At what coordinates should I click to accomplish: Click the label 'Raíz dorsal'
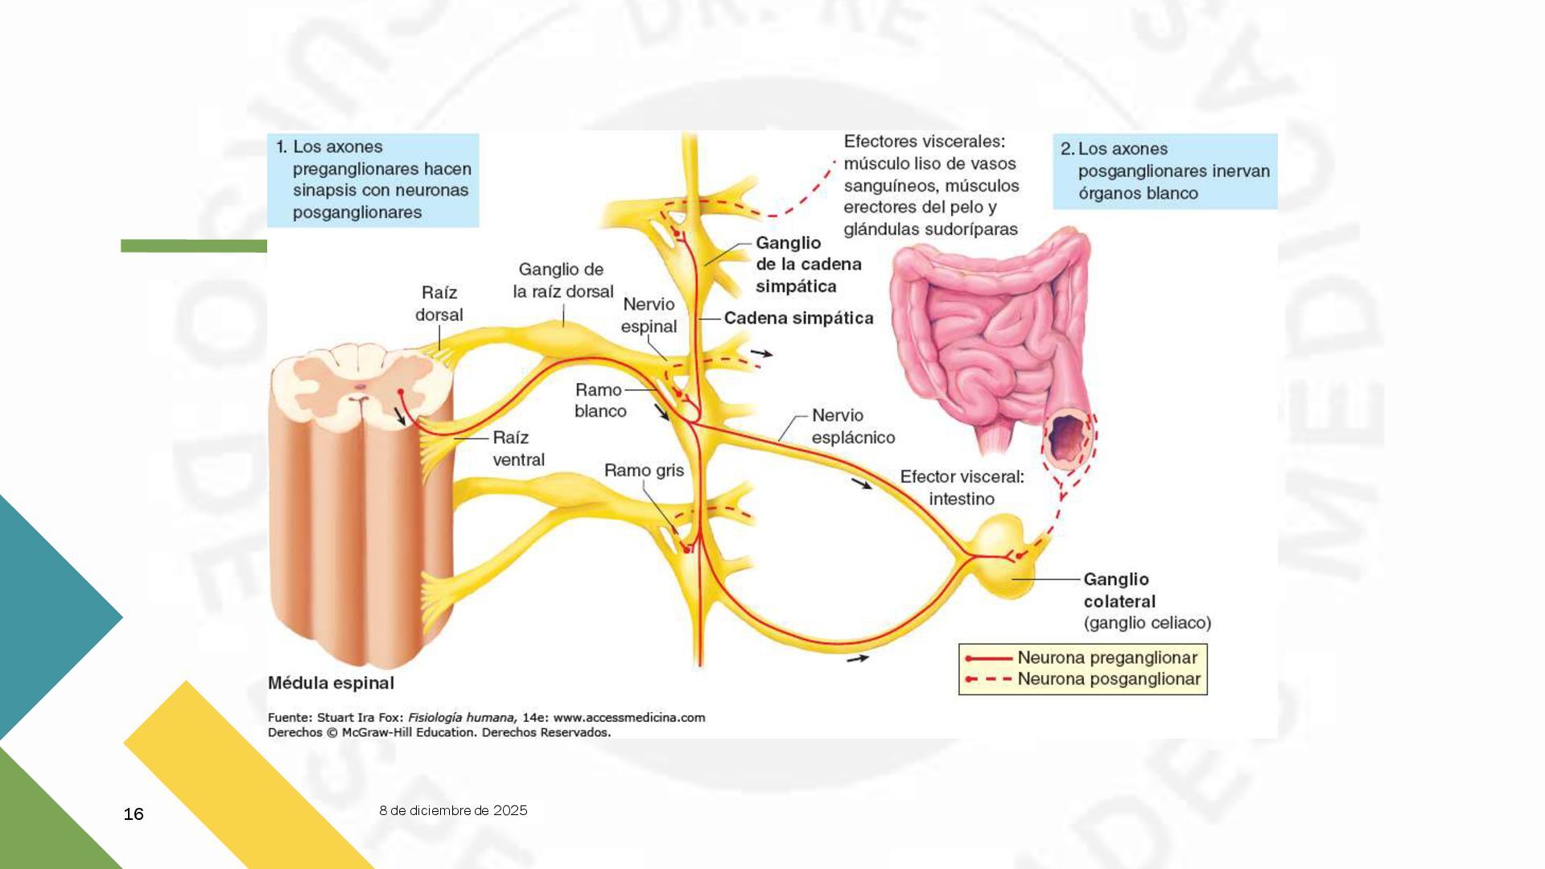[439, 303]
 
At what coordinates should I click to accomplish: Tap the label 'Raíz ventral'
[517, 448]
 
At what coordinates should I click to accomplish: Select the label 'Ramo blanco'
[599, 400]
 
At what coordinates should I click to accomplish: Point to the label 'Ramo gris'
[644, 470]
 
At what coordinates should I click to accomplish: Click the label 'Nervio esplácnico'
[852, 426]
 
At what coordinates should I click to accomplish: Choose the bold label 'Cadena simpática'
[798, 318]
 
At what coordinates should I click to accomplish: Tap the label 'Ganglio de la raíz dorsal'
[562, 280]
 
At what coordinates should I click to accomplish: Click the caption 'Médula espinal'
[331, 683]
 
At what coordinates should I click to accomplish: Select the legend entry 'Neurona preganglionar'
[1106, 657]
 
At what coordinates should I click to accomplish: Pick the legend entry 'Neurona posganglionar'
[1108, 678]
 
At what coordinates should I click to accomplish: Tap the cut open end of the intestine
[1068, 439]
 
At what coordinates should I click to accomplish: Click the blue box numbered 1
[373, 180]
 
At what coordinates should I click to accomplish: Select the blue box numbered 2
[1164, 171]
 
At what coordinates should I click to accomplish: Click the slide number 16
[134, 814]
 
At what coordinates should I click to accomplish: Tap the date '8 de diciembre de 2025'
[453, 810]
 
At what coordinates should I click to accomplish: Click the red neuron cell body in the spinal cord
[401, 392]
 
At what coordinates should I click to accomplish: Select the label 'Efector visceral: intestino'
[962, 488]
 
